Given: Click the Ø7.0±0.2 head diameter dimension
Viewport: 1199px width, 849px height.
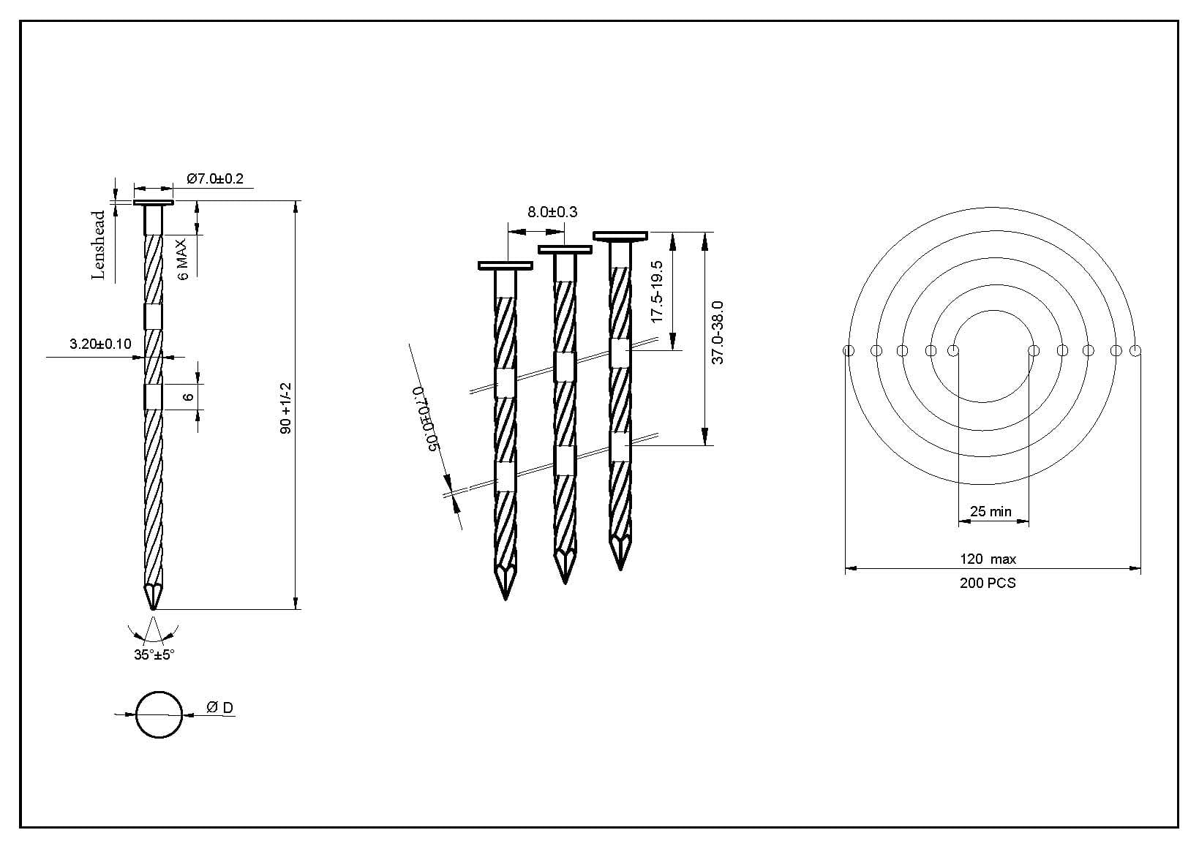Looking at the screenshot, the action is click(x=214, y=178).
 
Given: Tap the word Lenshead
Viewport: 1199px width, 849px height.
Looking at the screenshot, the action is click(x=98, y=245).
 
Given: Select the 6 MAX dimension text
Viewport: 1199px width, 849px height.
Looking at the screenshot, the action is click(x=183, y=260).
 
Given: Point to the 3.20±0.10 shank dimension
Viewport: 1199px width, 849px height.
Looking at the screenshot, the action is click(x=100, y=344).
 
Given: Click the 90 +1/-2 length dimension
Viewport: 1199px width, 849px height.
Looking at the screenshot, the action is click(x=285, y=408).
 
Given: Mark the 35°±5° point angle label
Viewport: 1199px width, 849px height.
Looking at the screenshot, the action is click(x=154, y=654).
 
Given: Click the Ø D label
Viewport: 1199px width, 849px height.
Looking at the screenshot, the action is click(x=220, y=708).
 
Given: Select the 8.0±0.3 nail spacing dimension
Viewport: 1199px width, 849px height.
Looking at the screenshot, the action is click(x=552, y=212).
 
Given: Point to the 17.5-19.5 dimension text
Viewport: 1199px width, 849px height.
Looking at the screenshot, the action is click(x=657, y=292).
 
